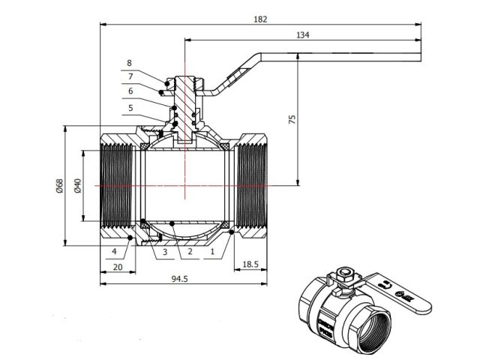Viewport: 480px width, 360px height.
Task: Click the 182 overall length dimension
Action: point(260,18)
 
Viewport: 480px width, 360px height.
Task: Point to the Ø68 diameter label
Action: point(59,184)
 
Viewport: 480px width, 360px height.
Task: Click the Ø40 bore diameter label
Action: point(76,184)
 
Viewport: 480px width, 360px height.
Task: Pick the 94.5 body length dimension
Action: point(177,279)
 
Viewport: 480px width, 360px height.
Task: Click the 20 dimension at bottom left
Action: point(118,266)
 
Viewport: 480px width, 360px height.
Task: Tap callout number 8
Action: point(129,63)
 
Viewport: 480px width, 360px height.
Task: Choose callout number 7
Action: point(129,76)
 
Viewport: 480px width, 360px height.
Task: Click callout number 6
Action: point(129,91)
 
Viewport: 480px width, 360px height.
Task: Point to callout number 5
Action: point(129,107)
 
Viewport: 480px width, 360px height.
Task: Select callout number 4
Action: point(114,251)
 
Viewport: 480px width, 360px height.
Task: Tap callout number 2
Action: point(190,252)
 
